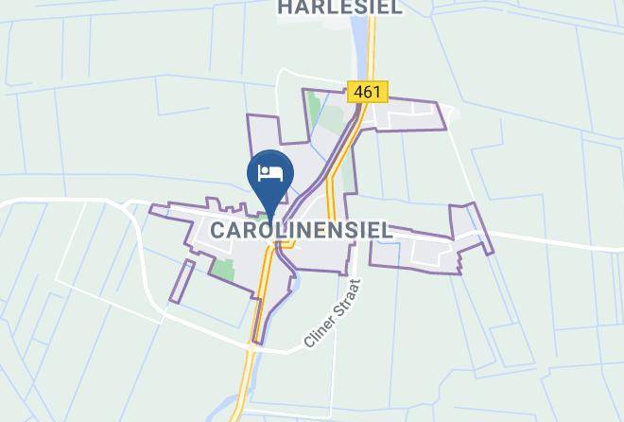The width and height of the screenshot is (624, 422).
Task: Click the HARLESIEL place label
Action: click(x=340, y=8)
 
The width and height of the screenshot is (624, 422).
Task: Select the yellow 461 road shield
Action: click(x=369, y=92)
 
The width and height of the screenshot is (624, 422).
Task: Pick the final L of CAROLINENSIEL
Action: click(x=387, y=230)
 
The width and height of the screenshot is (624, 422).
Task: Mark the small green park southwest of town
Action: click(x=223, y=267)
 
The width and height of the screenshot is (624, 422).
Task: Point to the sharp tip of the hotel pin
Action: click(x=271, y=219)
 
